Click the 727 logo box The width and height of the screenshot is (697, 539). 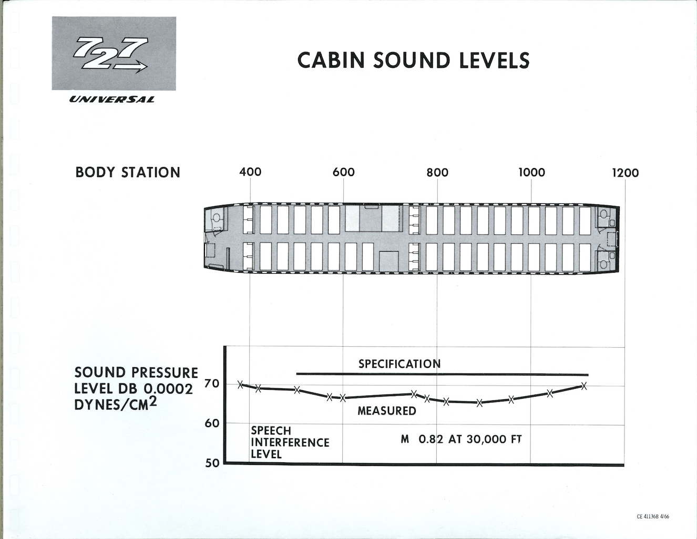114,54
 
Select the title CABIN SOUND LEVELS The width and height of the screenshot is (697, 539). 413,60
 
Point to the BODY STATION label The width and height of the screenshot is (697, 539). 128,172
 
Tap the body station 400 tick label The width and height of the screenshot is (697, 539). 250,172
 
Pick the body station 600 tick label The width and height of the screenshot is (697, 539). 343,172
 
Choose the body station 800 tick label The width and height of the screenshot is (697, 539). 437,172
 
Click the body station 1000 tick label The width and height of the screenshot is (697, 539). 531,172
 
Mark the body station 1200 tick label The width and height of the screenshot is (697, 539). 625,173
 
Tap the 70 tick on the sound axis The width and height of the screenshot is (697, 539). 212,383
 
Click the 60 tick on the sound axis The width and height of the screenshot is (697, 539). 212,423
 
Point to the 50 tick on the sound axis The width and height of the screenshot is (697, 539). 212,463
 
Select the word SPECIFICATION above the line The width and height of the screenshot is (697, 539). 399,364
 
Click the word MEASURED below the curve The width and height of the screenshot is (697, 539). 387,411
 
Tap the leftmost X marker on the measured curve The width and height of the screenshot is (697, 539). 240,385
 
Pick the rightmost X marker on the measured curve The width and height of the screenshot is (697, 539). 583,386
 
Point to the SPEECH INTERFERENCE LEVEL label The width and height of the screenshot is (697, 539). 290,442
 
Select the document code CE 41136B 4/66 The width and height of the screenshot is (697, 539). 653,516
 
